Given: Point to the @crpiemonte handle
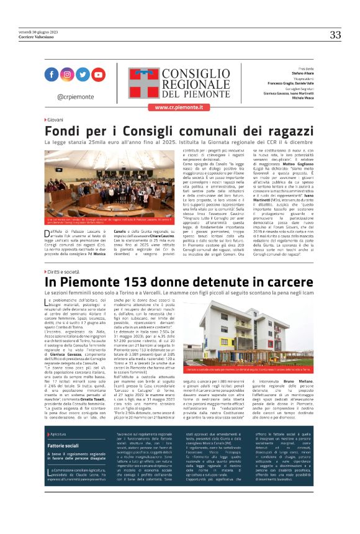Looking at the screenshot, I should click(74, 97).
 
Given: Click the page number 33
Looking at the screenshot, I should click(335, 35).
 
